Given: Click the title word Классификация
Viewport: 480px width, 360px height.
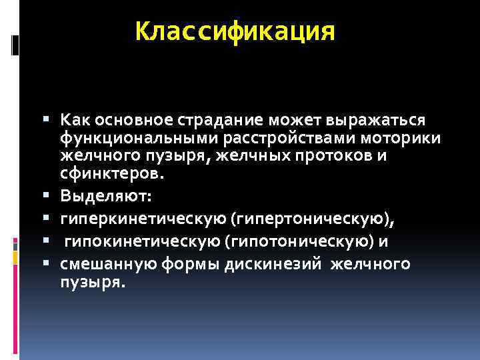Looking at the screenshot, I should pyautogui.click(x=235, y=31).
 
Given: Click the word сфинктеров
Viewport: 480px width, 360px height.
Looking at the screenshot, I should pyautogui.click(x=109, y=174).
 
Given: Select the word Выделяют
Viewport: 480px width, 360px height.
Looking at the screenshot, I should pyautogui.click(x=106, y=197).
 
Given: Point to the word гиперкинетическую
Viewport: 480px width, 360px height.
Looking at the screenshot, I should pyautogui.click(x=143, y=219).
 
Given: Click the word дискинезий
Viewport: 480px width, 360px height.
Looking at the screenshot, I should pyautogui.click(x=269, y=264).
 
